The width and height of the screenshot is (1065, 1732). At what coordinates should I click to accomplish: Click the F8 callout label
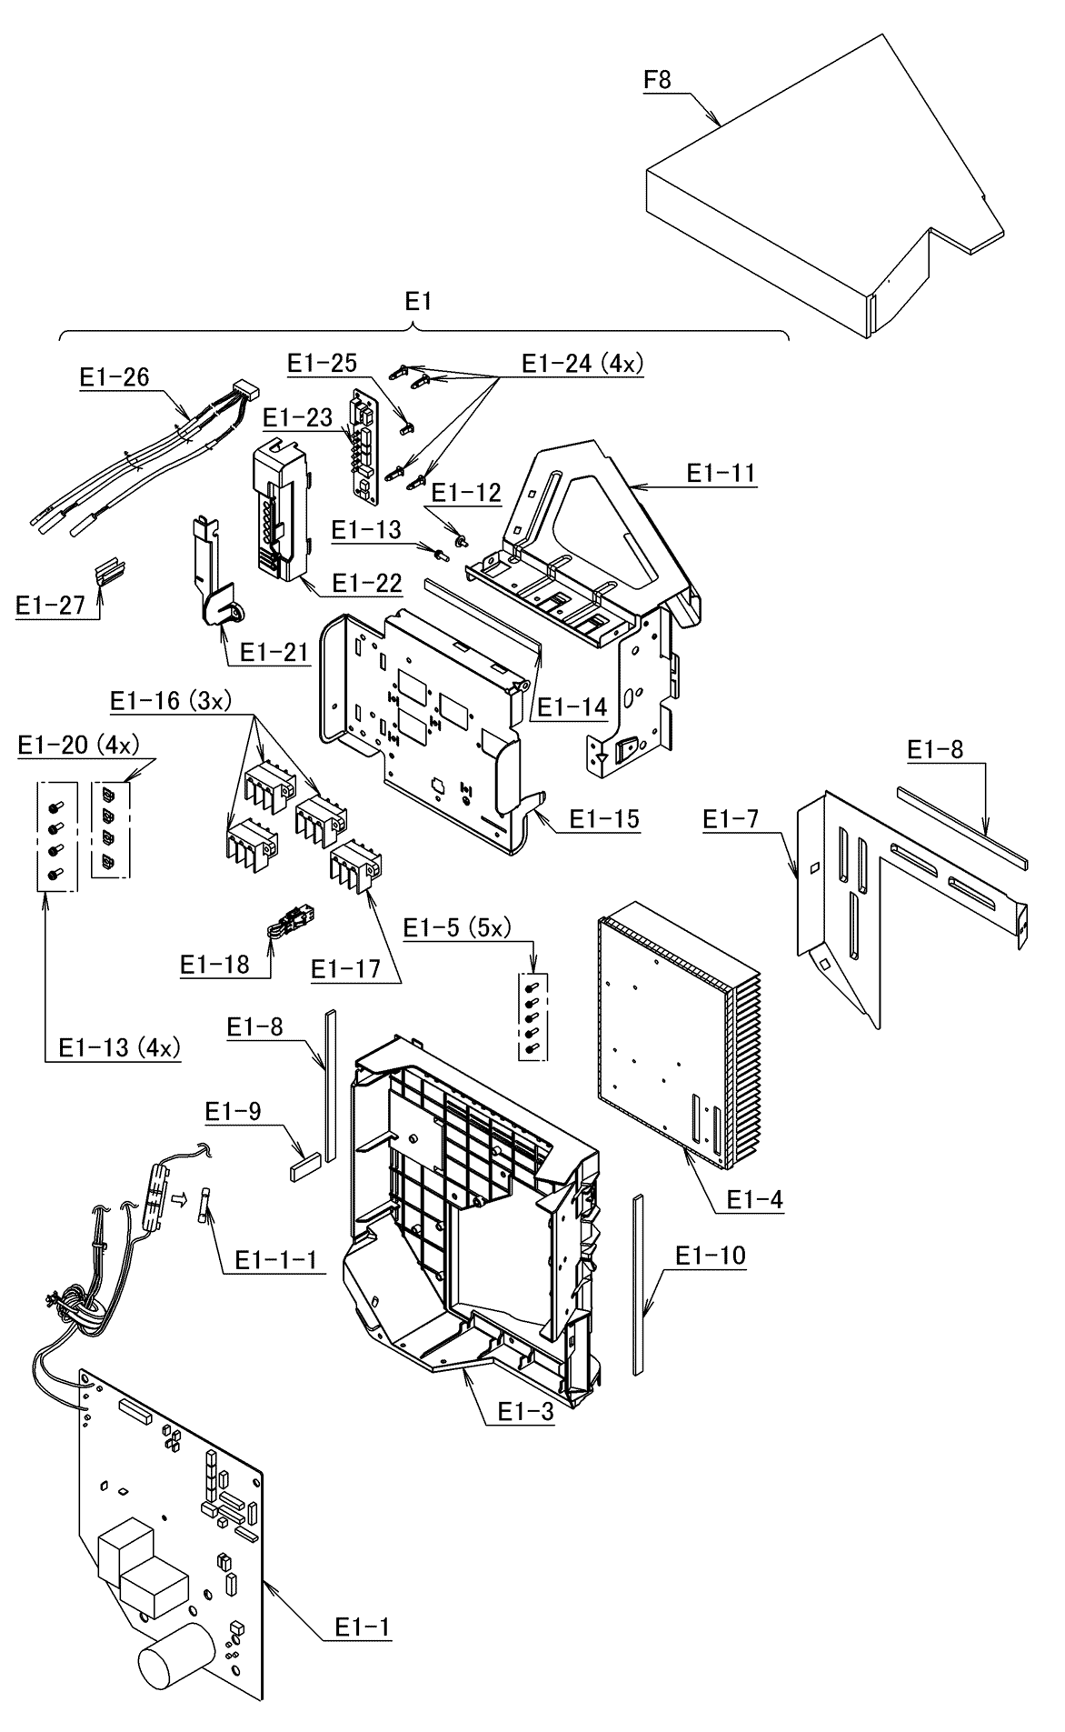point(657,80)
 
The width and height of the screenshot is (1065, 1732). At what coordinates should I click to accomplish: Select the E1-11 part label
point(722,473)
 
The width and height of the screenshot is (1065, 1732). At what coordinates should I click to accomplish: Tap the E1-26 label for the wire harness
point(114,377)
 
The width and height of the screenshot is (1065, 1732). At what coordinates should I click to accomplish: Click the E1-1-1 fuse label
point(276,1259)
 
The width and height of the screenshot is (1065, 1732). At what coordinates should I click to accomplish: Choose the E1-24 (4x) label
point(582,363)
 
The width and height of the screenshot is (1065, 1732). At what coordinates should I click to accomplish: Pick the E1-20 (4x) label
point(78,745)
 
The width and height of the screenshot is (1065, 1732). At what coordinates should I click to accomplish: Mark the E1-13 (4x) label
point(119,1047)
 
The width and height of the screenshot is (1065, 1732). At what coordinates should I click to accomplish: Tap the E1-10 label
point(710,1256)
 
